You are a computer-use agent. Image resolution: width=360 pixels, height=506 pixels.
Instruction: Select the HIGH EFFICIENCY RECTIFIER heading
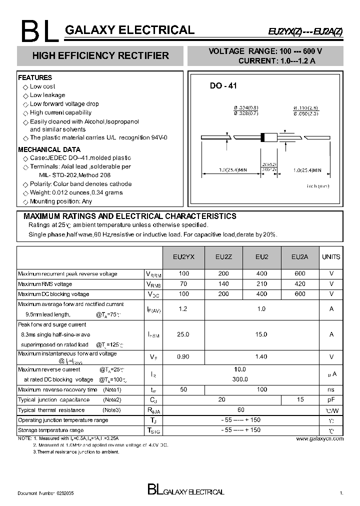click(x=100, y=56)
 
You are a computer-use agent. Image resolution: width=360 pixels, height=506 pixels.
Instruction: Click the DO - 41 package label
click(x=223, y=86)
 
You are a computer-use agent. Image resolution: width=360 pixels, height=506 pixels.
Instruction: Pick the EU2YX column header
click(x=183, y=257)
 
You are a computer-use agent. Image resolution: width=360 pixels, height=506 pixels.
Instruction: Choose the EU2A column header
click(x=299, y=257)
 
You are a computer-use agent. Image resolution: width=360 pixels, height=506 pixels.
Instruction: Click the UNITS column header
click(x=331, y=257)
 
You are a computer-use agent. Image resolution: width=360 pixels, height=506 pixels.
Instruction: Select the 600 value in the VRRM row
click(x=299, y=274)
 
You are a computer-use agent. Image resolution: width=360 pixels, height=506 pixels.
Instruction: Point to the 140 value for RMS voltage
click(x=223, y=284)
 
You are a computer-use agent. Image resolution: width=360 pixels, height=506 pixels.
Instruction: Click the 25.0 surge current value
click(x=183, y=334)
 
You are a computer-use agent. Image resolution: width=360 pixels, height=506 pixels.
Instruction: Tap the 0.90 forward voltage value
click(x=183, y=356)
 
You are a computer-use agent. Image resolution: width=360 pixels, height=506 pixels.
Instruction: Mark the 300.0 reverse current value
click(x=240, y=379)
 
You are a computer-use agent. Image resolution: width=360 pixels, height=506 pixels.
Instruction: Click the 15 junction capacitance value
click(x=299, y=399)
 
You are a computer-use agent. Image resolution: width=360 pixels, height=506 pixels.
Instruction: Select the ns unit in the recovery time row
click(x=331, y=389)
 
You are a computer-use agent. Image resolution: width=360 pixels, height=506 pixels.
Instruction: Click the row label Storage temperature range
click(x=51, y=430)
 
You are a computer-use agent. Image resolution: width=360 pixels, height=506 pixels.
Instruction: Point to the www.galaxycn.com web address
click(x=319, y=438)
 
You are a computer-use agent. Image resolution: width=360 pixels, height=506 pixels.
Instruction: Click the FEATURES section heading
click(x=35, y=78)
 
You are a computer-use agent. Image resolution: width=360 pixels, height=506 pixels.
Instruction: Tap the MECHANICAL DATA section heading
click(x=49, y=149)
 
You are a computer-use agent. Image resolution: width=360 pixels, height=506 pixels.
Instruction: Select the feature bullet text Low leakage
click(x=47, y=95)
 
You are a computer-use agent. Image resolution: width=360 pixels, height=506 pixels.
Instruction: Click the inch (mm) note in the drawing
click(x=318, y=186)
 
